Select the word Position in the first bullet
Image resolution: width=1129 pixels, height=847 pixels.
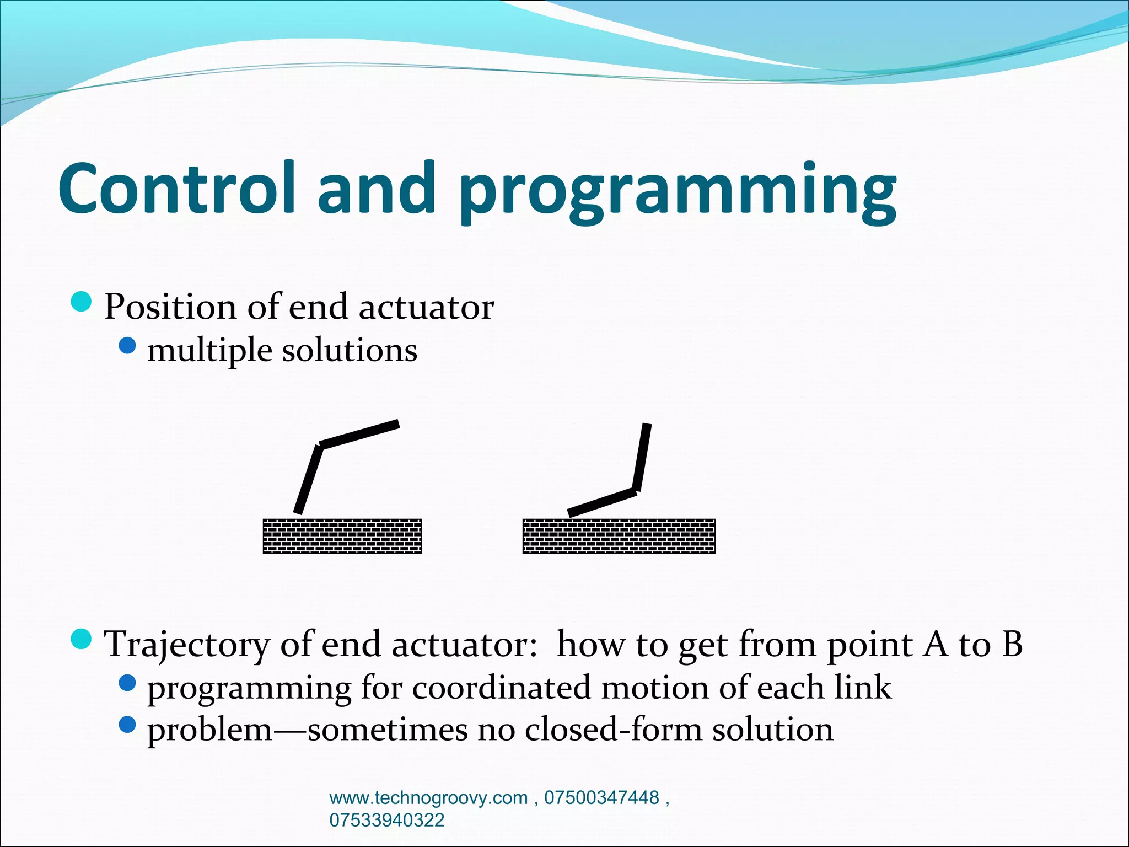coord(170,307)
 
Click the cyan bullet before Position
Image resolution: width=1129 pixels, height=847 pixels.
coord(82,302)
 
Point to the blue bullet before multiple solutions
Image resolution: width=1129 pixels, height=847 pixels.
coord(127,346)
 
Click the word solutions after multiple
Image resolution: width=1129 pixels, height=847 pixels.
coord(350,351)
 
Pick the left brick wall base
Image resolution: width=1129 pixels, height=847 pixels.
coord(342,536)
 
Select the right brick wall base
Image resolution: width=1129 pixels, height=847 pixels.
coord(619,536)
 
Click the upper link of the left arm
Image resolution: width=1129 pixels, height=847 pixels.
coord(359,434)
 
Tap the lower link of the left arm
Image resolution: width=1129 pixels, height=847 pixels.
coord(309,480)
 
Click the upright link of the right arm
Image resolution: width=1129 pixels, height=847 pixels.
coord(642,457)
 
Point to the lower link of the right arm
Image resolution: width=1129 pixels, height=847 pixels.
coord(602,502)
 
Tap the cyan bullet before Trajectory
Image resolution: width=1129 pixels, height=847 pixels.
coord(82,639)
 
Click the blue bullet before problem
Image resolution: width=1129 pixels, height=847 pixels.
coord(127,725)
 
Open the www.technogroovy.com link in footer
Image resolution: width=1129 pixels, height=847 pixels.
coord(428,798)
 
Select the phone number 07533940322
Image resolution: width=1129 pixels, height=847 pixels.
coord(386,820)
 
